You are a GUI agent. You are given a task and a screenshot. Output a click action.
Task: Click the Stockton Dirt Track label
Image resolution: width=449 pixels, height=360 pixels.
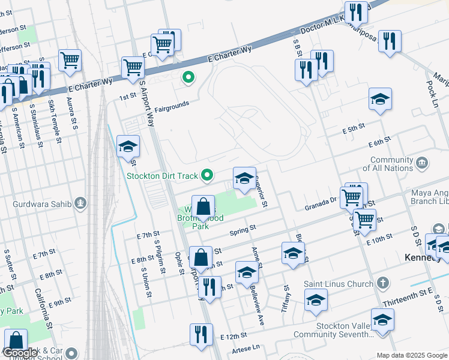(x=161, y=176)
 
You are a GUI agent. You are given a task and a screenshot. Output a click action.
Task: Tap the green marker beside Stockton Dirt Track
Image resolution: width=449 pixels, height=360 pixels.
(x=208, y=176)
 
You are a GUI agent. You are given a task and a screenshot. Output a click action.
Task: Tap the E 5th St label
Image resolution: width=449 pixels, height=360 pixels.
(x=354, y=130)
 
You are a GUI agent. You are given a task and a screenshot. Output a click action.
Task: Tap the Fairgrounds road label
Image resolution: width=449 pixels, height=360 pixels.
(x=172, y=107)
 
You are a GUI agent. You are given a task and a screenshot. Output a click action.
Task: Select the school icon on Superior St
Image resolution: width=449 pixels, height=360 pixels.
(x=244, y=178)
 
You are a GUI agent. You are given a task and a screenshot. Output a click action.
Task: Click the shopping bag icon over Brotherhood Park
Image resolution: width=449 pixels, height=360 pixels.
(x=203, y=206)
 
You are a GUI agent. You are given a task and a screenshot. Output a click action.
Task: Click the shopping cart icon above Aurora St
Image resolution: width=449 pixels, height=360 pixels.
(x=70, y=60)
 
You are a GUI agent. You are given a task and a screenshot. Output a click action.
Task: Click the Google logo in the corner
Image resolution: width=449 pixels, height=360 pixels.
(x=20, y=353)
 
